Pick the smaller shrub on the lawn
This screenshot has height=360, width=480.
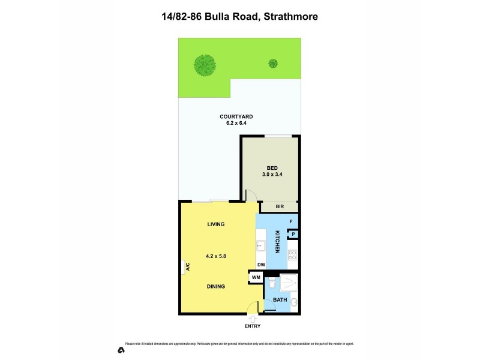click(x=273, y=62)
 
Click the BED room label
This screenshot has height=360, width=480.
click(x=272, y=168)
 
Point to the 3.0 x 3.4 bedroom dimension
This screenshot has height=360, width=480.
click(x=272, y=175)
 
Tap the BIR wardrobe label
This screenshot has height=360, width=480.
click(x=280, y=206)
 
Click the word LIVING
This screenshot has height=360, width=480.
click(x=215, y=224)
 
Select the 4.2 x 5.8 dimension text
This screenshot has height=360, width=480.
click(x=215, y=256)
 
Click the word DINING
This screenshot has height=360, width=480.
click(x=215, y=287)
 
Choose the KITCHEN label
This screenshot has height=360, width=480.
click(x=277, y=242)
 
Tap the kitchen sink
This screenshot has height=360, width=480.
click(x=261, y=245)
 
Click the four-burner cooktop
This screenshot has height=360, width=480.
click(x=292, y=259)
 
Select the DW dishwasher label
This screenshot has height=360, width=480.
click(x=261, y=265)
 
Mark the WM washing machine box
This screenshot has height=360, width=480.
click(x=256, y=277)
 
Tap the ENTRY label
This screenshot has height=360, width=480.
click(x=253, y=326)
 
